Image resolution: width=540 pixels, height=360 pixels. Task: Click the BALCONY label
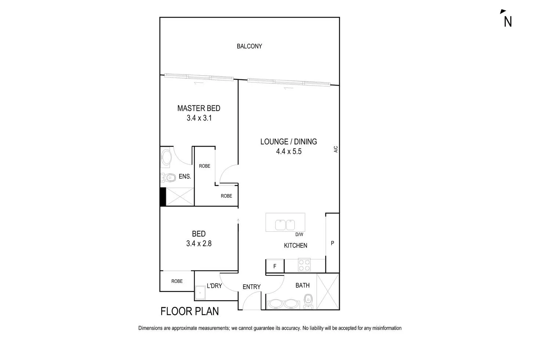click(249, 46)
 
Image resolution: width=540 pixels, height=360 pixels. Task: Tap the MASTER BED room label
click(199, 108)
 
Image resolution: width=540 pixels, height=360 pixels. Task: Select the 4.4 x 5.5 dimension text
click(289, 151)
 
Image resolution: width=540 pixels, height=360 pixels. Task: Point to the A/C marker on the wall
click(335, 149)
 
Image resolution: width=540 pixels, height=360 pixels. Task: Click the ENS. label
click(185, 177)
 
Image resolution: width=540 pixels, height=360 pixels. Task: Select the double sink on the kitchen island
click(285, 224)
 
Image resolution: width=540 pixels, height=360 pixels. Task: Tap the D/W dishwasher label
click(299, 234)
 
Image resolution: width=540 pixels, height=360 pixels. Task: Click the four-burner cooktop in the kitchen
click(305, 265)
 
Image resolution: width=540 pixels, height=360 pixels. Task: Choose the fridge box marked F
click(275, 266)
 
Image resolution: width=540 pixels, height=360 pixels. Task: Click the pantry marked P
click(332, 243)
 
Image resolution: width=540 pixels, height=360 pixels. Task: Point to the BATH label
click(302, 285)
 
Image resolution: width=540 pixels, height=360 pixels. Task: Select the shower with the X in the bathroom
click(328, 291)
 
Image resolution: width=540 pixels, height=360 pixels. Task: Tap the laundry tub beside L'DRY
click(201, 293)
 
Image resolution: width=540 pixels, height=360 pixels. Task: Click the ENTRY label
click(252, 287)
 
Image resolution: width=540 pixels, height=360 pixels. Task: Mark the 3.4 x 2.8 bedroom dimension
click(199, 244)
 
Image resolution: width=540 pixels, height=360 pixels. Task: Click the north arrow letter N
click(508, 22)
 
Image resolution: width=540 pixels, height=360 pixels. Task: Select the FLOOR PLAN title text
click(190, 312)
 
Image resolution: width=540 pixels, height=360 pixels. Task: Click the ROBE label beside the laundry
click(177, 281)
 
